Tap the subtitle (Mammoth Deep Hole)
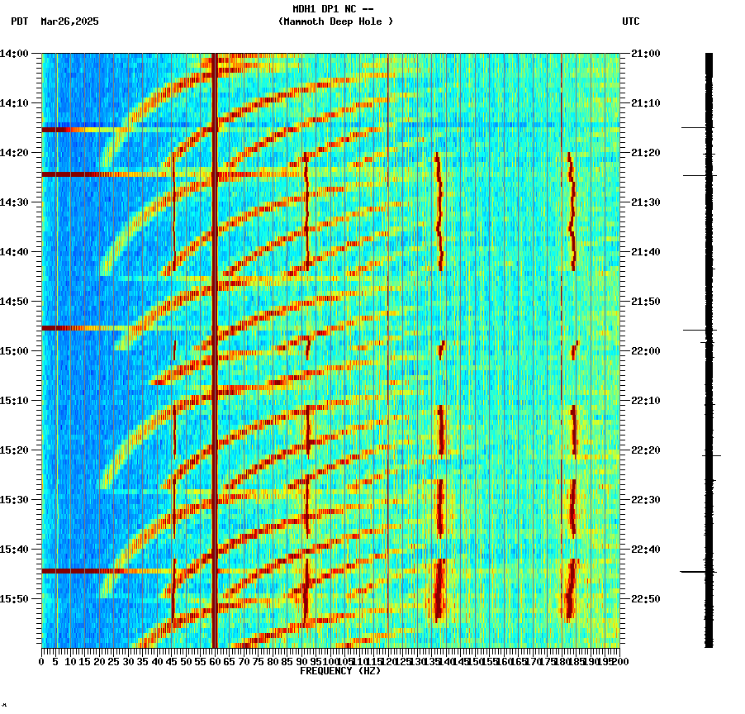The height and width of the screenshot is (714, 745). [335, 21]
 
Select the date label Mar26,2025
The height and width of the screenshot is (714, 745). [69, 21]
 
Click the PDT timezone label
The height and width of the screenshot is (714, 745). [20, 21]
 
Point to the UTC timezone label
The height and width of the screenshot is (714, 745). [631, 21]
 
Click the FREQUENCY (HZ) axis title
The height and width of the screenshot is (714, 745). [340, 671]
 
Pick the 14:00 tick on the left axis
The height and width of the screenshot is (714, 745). [15, 54]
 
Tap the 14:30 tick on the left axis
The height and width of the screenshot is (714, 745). [15, 202]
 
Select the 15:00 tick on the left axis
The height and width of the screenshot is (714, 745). [15, 351]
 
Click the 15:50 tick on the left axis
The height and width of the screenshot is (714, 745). [15, 599]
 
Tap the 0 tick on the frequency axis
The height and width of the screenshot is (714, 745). [42, 661]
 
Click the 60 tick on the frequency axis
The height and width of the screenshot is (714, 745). [215, 661]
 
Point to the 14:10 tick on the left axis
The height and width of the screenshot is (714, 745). [15, 103]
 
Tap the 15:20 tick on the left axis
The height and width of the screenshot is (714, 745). [15, 450]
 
